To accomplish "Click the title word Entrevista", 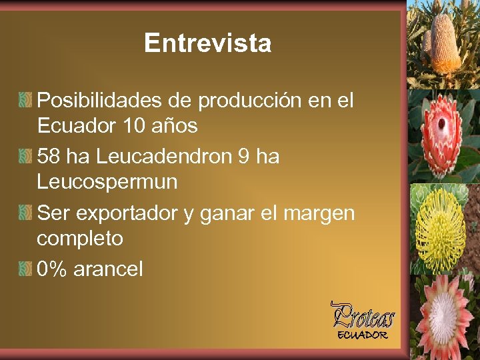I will click(x=207, y=43).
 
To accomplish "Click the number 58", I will click(x=49, y=157).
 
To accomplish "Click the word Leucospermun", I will click(x=107, y=181).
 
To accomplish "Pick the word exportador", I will click(x=125, y=213).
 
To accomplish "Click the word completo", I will click(x=79, y=237).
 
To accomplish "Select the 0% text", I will click(x=52, y=269).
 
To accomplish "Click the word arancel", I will click(x=108, y=269).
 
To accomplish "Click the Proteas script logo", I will click(x=363, y=315).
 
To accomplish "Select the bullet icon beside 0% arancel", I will click(x=26, y=269).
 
